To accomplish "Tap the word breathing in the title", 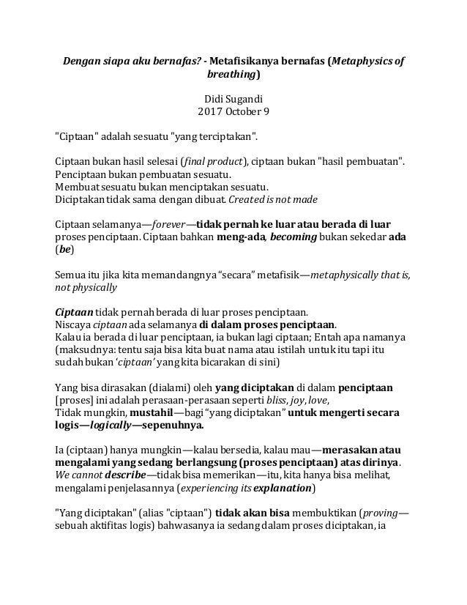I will click(231, 75).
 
